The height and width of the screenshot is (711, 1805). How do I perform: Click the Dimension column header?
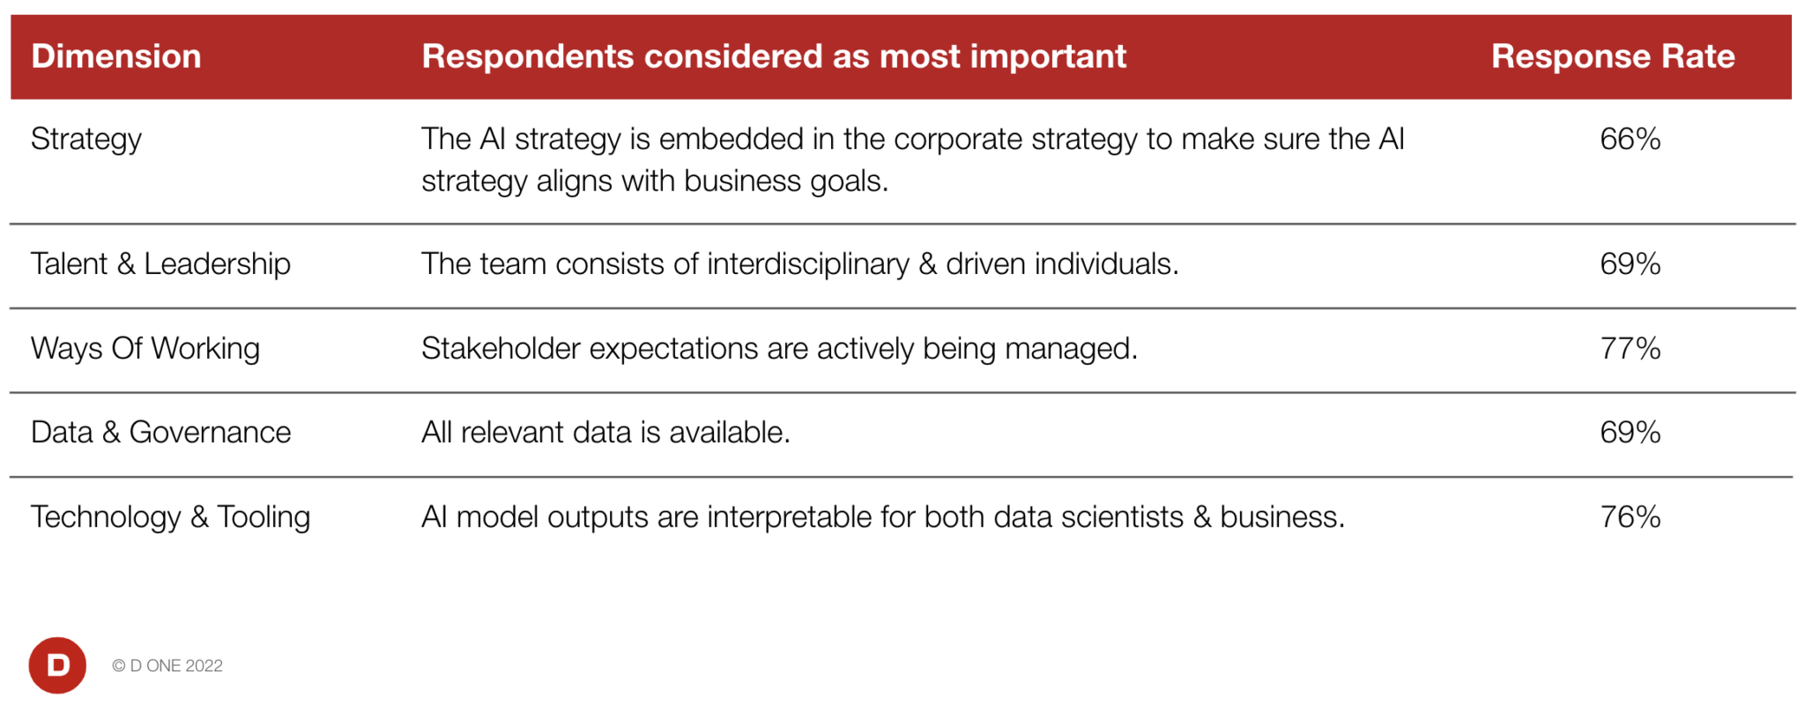115,56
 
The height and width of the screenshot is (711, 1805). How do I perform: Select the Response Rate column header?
1612,56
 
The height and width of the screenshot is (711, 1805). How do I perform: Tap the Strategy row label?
85,139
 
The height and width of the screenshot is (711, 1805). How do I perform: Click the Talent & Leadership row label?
160,263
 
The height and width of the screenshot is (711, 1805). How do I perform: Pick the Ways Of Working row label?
145,348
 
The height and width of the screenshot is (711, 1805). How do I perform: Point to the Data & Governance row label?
160,433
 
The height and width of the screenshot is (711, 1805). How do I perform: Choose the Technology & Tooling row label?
170,516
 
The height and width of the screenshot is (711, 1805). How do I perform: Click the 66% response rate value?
1630,139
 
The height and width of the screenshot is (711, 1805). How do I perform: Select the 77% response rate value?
1630,348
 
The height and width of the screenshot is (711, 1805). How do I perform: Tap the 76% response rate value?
1630,516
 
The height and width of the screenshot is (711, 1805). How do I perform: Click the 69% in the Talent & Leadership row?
1630,263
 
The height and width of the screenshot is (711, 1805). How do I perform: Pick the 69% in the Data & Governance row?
1630,433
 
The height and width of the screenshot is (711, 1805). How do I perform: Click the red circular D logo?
57,665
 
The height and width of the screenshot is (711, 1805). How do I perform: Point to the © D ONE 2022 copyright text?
167,666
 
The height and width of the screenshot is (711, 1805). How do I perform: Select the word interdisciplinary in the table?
807,263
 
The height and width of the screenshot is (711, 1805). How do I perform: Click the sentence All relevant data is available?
605,433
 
